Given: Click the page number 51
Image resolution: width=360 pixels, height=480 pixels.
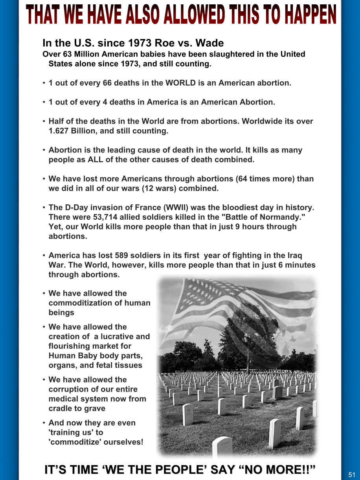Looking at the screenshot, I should [x=351, y=474].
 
